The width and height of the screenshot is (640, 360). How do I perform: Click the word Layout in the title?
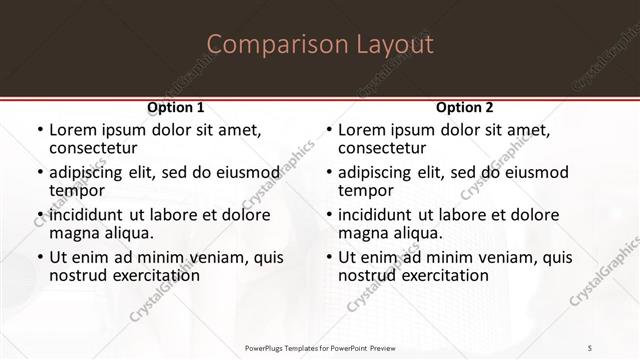click(x=392, y=45)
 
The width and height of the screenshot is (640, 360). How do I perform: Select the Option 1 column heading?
click(x=176, y=107)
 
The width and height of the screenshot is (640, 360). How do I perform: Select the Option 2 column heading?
click(x=465, y=107)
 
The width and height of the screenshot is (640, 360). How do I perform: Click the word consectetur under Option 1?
click(x=94, y=148)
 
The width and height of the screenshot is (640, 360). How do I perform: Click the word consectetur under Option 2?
click(x=383, y=148)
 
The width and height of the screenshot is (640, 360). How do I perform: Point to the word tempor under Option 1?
click(x=77, y=190)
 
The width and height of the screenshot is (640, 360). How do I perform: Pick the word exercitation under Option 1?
click(x=144, y=275)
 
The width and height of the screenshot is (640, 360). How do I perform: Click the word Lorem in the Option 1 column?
click(x=72, y=131)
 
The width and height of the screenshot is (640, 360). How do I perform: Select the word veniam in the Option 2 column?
click(x=496, y=258)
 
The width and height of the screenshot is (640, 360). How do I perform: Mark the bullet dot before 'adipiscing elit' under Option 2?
click(x=327, y=173)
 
